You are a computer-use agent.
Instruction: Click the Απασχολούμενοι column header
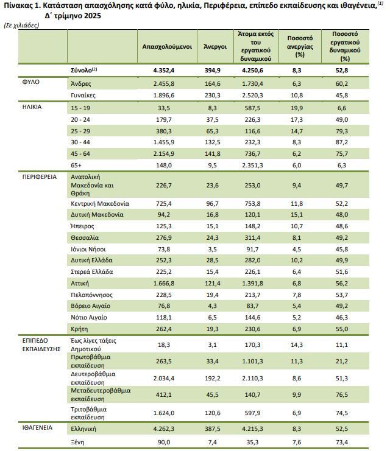pyautogui.click(x=167, y=47)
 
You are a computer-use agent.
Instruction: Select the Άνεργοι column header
pyautogui.click(x=215, y=47)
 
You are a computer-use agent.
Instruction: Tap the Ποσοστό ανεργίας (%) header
pyautogui.click(x=300, y=46)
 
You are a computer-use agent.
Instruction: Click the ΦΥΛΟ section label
pyautogui.click(x=31, y=82)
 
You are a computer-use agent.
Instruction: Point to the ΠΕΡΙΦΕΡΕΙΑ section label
pyautogui.click(x=40, y=177)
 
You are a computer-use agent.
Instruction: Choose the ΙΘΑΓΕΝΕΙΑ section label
pyautogui.click(x=37, y=428)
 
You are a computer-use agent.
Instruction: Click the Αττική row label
pyautogui.click(x=80, y=283)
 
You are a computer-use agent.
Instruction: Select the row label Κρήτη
pyautogui.click(x=79, y=329)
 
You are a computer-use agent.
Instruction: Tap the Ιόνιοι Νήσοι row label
pyautogui.click(x=88, y=249)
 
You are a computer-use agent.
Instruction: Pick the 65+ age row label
pyautogui.click(x=76, y=166)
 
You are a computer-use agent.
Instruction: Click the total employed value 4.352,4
pyautogui.click(x=163, y=71)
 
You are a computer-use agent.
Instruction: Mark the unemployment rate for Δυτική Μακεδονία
pyautogui.click(x=297, y=215)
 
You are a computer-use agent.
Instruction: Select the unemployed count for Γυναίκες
pyautogui.click(x=212, y=95)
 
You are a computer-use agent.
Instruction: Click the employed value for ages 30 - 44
pyautogui.click(x=163, y=142)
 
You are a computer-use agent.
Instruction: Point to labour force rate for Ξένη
pyautogui.click(x=342, y=442)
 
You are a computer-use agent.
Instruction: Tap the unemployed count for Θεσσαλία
pyautogui.click(x=212, y=238)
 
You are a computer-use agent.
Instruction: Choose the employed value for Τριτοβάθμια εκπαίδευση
pyautogui.click(x=163, y=413)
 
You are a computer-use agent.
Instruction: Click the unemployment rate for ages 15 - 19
pyautogui.click(x=297, y=108)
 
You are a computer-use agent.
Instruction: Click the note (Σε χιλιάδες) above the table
pyautogui.click(x=21, y=26)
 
